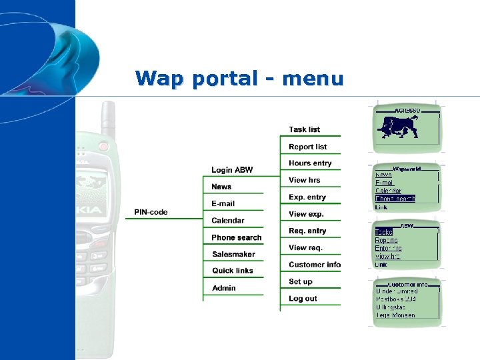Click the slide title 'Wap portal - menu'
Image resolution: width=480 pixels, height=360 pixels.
coord(239,79)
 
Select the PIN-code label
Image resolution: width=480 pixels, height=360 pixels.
coord(151,213)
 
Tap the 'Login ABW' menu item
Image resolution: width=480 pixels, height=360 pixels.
coord(232,170)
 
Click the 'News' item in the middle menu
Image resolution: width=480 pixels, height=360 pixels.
coord(221,187)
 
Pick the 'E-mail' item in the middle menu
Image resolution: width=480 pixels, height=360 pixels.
coord(223,204)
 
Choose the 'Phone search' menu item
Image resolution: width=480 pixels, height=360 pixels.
coord(236,238)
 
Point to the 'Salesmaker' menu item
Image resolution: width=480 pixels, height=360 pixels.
coord(233,255)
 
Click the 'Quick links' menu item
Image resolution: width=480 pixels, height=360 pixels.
coord(233,271)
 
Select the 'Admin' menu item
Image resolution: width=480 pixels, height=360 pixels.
coord(223,288)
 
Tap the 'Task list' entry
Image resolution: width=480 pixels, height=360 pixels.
coord(304,130)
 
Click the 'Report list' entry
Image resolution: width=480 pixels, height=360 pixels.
coord(307,147)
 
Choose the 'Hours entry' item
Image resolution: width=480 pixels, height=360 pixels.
coord(310,163)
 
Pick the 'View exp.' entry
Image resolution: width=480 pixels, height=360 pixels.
coord(306,214)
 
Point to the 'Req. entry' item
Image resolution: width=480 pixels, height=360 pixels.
coord(307,231)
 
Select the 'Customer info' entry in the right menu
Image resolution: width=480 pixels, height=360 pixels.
coord(315,265)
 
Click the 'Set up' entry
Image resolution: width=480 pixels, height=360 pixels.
coord(301,282)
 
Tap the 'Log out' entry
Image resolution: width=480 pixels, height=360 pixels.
coord(303,299)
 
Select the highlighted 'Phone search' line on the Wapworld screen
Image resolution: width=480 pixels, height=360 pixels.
coord(395,199)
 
